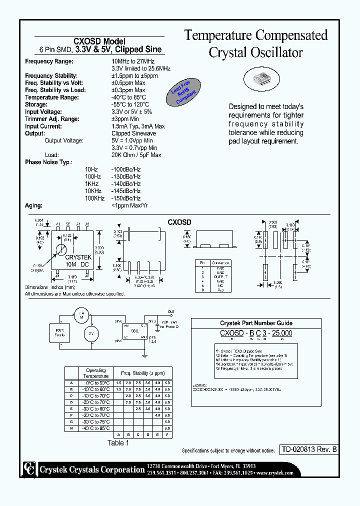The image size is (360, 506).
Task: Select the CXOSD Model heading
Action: point(99,41)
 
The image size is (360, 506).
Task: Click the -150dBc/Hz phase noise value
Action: point(126,198)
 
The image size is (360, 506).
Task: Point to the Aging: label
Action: point(33,205)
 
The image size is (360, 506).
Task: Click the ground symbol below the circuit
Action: point(144,355)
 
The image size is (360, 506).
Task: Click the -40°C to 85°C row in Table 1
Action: point(96,428)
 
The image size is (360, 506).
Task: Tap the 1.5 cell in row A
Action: point(118,382)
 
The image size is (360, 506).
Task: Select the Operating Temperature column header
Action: point(96,373)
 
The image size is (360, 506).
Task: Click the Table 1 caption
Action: point(118,443)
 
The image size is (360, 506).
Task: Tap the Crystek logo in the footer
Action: point(28,468)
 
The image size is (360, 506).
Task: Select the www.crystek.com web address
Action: point(275,472)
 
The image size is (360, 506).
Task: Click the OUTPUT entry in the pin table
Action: point(219,276)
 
